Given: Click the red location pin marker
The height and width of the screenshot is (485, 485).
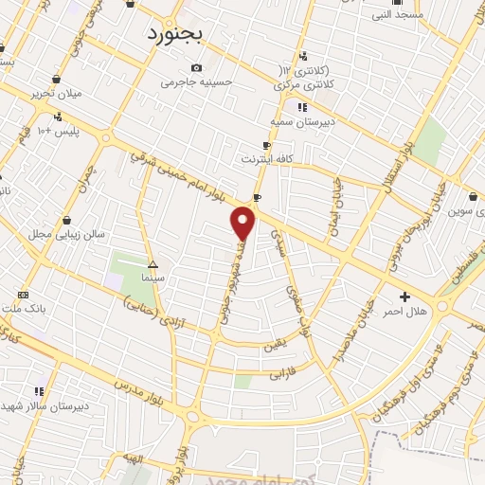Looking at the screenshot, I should pos(243,224).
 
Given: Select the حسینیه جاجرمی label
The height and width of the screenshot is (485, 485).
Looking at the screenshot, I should pos(196,82).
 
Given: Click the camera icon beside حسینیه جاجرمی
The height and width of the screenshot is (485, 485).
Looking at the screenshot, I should pos(196,67).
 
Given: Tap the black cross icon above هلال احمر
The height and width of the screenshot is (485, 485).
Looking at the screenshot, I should pos(405,296).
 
